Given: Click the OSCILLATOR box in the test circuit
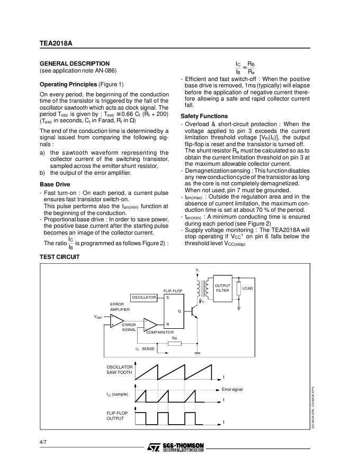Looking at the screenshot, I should (x=144, y=297).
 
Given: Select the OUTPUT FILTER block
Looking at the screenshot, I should (x=222, y=288).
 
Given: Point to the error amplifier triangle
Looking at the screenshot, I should (x=116, y=320).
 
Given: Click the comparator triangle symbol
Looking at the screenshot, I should (x=150, y=324).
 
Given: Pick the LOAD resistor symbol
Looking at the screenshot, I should (x=239, y=289).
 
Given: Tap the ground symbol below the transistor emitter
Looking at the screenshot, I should (x=198, y=353).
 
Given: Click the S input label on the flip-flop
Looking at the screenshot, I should (x=168, y=298).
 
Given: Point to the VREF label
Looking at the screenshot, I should (x=98, y=317).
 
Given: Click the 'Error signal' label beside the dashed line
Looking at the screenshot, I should (x=232, y=389).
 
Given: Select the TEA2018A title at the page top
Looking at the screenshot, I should (x=56, y=44).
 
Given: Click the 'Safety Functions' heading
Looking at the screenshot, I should (x=204, y=116).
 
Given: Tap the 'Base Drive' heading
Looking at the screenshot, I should (x=55, y=184).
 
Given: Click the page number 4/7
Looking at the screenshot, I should (x=43, y=442).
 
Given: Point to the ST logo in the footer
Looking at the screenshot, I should (x=152, y=447).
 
